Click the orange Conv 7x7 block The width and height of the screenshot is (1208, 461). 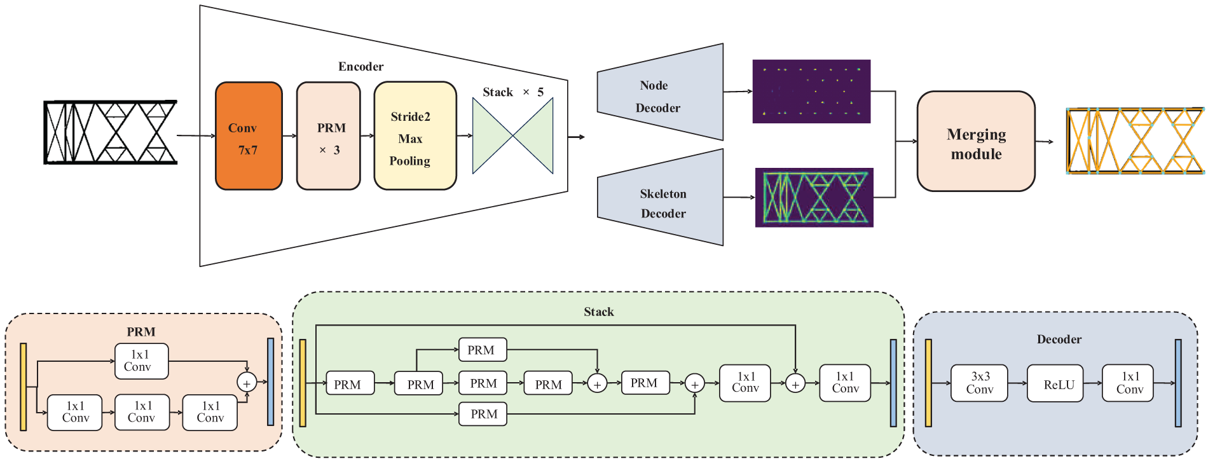pyautogui.click(x=249, y=136)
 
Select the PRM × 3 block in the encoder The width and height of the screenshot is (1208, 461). pyautogui.click(x=329, y=136)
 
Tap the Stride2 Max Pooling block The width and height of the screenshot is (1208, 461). pyautogui.click(x=415, y=136)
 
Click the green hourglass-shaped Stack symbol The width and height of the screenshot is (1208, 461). pyautogui.click(x=512, y=135)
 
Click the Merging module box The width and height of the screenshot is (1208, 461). pyautogui.click(x=976, y=141)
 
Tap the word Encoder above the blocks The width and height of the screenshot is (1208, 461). pyautogui.click(x=360, y=67)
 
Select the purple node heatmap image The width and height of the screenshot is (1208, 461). pyautogui.click(x=811, y=92)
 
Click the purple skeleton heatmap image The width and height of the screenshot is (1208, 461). pyautogui.click(x=814, y=198)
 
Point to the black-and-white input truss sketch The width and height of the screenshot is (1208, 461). pyautogui.click(x=110, y=132)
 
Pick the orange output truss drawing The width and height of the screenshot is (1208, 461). pyautogui.click(x=1135, y=141)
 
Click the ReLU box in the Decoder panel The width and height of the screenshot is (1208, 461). pyautogui.click(x=1055, y=383)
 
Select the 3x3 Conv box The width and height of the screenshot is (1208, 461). pyautogui.click(x=979, y=383)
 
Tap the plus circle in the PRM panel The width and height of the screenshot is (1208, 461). pyautogui.click(x=247, y=382)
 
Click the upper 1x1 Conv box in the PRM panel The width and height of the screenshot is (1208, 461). pyautogui.click(x=141, y=361)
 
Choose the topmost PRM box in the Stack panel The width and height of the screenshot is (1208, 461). pyautogui.click(x=483, y=350)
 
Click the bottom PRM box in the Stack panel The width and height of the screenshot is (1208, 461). pyautogui.click(x=483, y=414)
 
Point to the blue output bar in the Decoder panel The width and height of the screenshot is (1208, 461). pyautogui.click(x=1178, y=383)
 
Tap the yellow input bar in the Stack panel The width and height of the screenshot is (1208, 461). pyautogui.click(x=303, y=383)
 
